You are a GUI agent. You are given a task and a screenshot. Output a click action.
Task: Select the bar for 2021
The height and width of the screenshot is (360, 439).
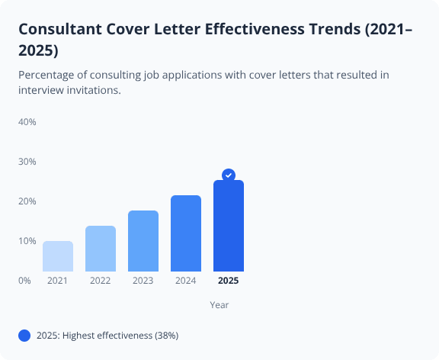(x=58, y=256)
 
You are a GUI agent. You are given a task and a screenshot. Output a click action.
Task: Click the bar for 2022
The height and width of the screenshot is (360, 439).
(x=101, y=249)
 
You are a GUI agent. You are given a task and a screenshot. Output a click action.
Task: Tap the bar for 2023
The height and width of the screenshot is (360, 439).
(x=143, y=241)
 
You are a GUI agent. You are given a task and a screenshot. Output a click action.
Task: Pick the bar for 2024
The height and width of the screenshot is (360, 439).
(x=186, y=233)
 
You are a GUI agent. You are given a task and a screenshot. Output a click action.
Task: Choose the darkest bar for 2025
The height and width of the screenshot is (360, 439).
(x=229, y=226)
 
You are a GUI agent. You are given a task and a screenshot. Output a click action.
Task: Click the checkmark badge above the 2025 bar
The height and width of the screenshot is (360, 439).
(x=229, y=175)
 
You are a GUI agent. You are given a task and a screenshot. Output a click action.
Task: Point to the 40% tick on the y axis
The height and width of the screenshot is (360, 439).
(x=27, y=122)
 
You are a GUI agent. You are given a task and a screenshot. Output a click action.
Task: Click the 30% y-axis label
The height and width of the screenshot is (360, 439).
(x=27, y=162)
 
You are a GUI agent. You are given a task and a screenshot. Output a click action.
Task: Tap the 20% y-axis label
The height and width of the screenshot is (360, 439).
(x=27, y=201)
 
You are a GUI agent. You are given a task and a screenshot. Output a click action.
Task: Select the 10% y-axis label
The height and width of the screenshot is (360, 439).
(x=27, y=241)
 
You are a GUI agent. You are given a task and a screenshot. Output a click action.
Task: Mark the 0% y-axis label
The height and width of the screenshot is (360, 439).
(x=24, y=281)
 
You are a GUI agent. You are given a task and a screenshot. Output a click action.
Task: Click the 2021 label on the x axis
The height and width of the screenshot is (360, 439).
(x=58, y=281)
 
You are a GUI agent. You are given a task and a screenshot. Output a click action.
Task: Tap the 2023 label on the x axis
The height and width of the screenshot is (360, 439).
(x=143, y=281)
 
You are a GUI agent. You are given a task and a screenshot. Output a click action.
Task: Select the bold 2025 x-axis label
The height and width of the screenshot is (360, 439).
(x=229, y=281)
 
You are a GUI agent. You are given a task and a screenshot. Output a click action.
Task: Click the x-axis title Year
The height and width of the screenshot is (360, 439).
(x=219, y=305)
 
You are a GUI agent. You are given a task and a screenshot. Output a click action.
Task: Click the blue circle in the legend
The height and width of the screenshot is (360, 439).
(x=24, y=336)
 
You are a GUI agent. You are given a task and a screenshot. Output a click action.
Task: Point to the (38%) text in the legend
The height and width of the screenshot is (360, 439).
(x=166, y=336)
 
